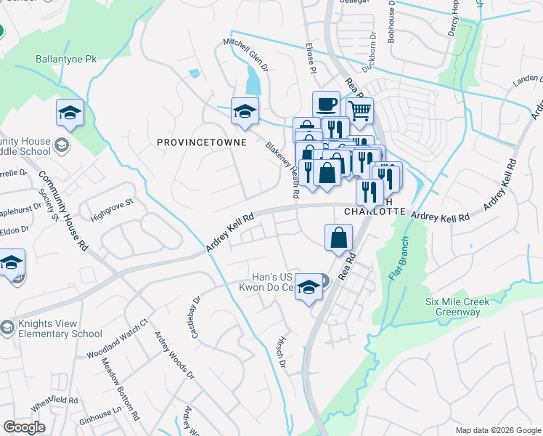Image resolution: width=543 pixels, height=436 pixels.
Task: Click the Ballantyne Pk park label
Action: click(66, 58)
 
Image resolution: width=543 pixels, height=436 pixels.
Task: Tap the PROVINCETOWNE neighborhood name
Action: click(202, 142)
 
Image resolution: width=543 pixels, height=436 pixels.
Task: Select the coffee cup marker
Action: click(326, 105)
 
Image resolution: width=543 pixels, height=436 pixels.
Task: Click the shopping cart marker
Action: click(359, 111)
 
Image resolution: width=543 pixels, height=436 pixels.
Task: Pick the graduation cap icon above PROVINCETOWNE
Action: click(245, 111)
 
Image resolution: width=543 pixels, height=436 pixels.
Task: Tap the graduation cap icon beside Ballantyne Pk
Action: click(70, 113)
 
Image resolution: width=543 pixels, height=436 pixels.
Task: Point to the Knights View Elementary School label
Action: click(56, 329)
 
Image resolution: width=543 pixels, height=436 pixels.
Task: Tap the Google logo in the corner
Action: click(25, 427)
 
